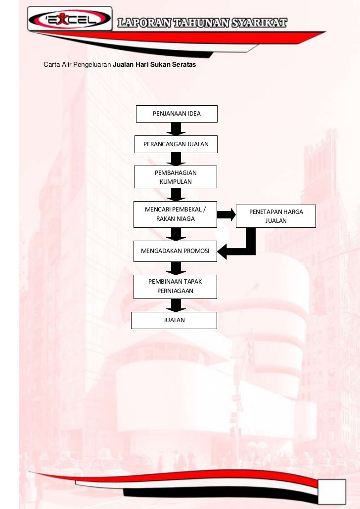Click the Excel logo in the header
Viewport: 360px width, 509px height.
(69, 20)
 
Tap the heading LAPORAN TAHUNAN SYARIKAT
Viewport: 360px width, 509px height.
(202, 23)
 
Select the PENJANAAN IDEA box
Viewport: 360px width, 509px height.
(176, 114)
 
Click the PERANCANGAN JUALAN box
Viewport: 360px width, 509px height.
(176, 144)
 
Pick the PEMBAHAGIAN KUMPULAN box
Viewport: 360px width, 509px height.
(176, 177)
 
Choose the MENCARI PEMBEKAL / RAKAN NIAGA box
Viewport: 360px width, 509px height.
(175, 214)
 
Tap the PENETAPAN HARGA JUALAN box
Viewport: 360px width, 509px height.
(276, 216)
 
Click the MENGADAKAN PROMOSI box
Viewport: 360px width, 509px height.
(175, 251)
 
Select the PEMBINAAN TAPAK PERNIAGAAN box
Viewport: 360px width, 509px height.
(175, 287)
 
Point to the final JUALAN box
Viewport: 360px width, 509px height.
(174, 320)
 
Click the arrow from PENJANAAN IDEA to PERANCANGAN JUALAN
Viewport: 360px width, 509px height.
(176, 128)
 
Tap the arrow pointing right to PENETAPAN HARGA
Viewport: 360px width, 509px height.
(226, 214)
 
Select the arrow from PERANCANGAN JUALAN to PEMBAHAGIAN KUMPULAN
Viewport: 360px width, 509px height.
(176, 159)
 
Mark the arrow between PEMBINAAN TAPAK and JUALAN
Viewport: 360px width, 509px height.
(176, 305)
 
